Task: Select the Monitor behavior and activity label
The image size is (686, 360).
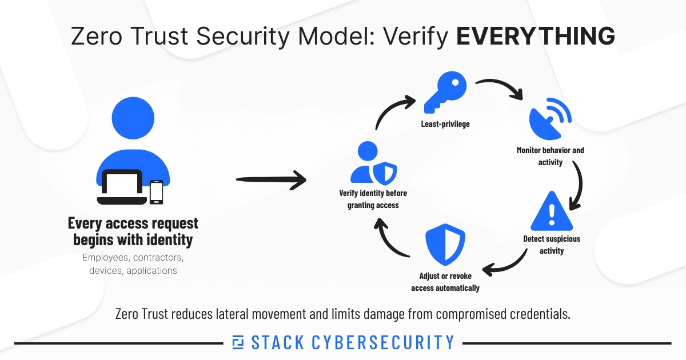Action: [551, 156]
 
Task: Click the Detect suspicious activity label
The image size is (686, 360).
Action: [551, 245]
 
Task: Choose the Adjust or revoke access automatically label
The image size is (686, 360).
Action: [445, 282]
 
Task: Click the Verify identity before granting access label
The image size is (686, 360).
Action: [373, 199]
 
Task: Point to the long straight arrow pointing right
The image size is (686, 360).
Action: [271, 181]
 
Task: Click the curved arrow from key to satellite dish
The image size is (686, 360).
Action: [500, 88]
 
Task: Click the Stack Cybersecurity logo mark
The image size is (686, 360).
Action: [238, 342]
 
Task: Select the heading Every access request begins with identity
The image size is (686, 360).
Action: [133, 231]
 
